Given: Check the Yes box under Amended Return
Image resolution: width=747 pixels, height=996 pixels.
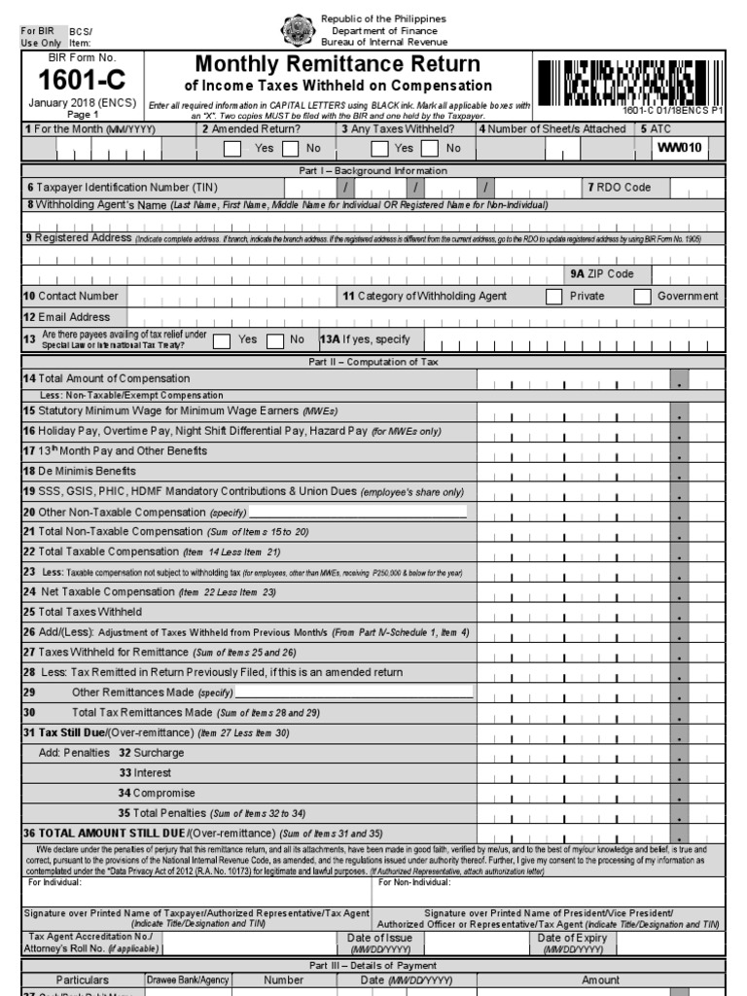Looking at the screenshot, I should point(232,149).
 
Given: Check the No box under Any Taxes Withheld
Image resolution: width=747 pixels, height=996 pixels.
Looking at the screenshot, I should point(427,149).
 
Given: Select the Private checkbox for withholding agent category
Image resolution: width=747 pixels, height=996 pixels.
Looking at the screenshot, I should point(553,297).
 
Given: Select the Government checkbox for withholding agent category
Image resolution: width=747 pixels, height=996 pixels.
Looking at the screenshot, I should point(642,297).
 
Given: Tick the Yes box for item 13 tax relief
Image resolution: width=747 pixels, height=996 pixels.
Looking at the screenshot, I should point(222,340).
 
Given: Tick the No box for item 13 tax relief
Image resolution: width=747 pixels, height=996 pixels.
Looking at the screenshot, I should point(275,340).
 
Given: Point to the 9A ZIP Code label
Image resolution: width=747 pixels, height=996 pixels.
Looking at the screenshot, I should point(602,274).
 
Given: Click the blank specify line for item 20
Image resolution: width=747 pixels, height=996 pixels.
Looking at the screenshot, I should point(358,512).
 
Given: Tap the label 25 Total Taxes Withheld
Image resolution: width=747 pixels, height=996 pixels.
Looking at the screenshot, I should point(83,612).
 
